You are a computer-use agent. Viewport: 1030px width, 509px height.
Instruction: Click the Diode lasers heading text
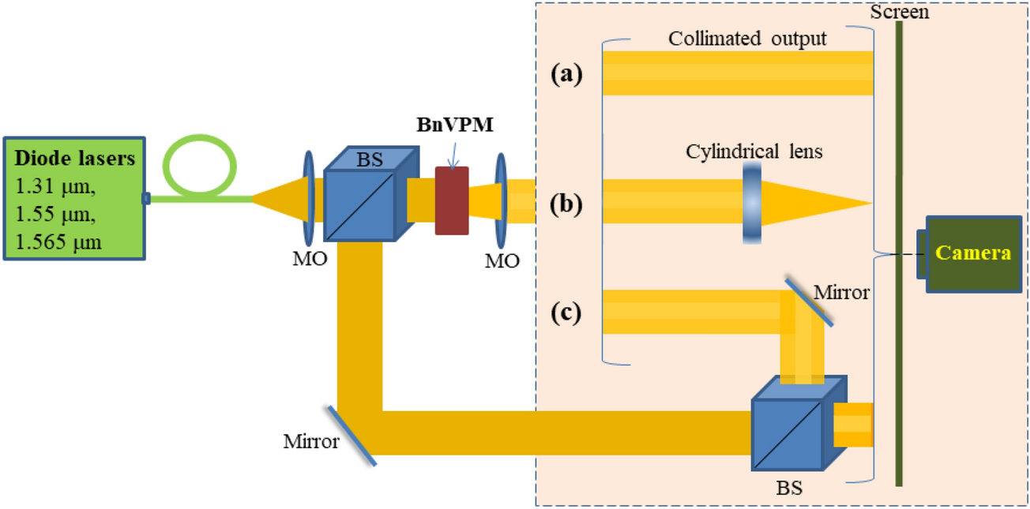point(75,159)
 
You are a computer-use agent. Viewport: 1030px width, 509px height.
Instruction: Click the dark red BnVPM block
point(452,200)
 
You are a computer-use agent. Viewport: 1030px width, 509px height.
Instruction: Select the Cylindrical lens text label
point(754,151)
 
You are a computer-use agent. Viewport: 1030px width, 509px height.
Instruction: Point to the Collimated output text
point(746,39)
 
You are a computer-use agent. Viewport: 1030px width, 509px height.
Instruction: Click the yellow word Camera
point(972,253)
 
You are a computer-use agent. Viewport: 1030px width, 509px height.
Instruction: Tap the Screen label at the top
point(899,13)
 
